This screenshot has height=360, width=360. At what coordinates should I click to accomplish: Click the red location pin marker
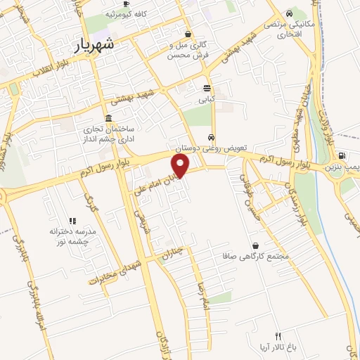click(x=181, y=166)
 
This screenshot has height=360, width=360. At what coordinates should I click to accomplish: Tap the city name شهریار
click(x=98, y=46)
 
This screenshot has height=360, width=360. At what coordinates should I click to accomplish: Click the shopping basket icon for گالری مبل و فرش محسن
click(x=187, y=33)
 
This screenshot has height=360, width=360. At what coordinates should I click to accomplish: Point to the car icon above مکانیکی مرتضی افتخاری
click(x=290, y=13)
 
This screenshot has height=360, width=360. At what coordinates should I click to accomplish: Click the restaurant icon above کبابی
click(x=206, y=89)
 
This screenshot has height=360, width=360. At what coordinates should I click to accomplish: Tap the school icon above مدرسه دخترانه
click(x=72, y=221)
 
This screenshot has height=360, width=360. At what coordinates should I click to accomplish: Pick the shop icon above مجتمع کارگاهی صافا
click(x=255, y=246)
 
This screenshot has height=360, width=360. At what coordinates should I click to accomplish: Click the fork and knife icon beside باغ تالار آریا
click(x=278, y=336)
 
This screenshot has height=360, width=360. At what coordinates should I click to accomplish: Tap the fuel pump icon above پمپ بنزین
click(x=342, y=156)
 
